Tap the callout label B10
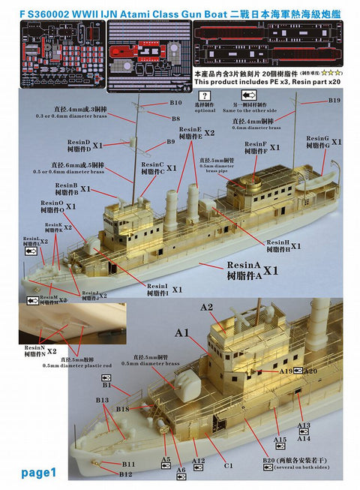(x=177, y=103)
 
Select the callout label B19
(x=334, y=101)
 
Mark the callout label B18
(x=124, y=409)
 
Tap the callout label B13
(x=103, y=400)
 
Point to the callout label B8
(x=175, y=118)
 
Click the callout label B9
(x=170, y=141)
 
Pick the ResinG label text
(x=318, y=140)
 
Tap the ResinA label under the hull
(x=246, y=266)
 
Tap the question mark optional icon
(x=202, y=96)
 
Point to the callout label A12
(x=198, y=460)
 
